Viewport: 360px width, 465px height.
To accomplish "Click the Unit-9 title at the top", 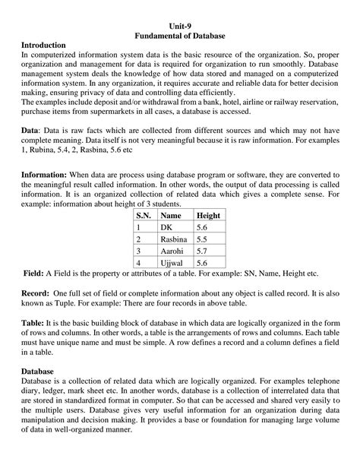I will tap(180, 24).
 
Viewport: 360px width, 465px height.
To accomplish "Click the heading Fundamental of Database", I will tap(180, 35).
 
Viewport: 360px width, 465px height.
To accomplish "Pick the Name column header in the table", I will tap(171, 215).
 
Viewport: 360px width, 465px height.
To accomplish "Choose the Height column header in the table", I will tap(207, 215).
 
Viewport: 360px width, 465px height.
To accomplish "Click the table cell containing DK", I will tap(167, 226).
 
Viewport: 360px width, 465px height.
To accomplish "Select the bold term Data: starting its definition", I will tap(31, 130).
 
